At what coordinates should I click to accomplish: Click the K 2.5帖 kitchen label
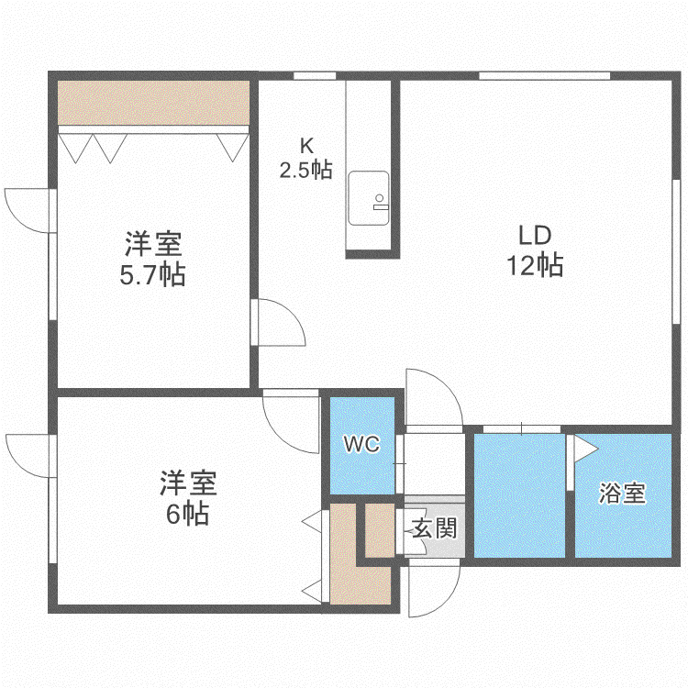click(306, 158)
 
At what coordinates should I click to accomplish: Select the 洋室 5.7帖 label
click(152, 259)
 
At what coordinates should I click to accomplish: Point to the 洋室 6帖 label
click(188, 497)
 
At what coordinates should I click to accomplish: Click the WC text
click(362, 444)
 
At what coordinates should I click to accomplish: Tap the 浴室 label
click(622, 493)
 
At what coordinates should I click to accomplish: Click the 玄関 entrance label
click(435, 527)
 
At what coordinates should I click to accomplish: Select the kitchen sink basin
click(369, 198)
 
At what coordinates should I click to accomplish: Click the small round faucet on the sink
click(379, 198)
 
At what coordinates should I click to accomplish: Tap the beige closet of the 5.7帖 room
click(153, 103)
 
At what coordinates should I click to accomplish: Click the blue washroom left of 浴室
click(519, 495)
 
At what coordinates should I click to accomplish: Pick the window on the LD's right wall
click(676, 251)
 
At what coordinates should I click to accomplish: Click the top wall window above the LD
click(544, 76)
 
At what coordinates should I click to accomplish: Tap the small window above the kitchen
click(315, 76)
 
